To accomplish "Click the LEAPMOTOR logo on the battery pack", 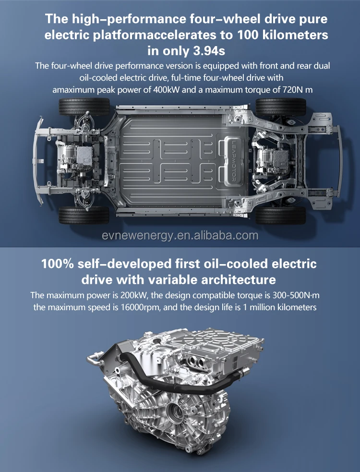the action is pos(234,161).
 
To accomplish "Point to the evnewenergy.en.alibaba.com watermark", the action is pos(180,235).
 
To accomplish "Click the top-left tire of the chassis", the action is pos(84,107).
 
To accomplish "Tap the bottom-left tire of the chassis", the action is pos(84,215).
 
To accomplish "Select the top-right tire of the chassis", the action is pos(280,107).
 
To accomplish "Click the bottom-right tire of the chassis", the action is pos(280,215).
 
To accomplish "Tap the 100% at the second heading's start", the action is pos(58,264).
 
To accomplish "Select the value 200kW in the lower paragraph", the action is pos(133,295).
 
